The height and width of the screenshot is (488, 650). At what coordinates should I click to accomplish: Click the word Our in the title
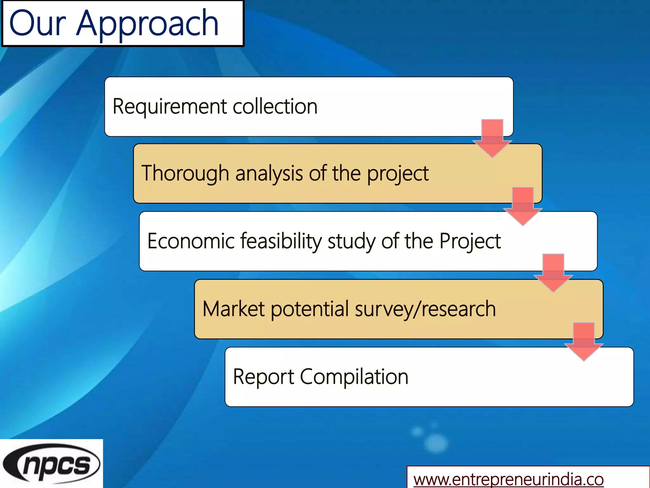pyautogui.click(x=37, y=24)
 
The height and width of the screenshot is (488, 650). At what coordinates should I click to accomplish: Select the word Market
pyautogui.click(x=233, y=309)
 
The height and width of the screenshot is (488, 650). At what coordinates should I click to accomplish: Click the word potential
pyautogui.click(x=310, y=309)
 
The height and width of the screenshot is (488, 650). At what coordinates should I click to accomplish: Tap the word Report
pyautogui.click(x=263, y=377)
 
